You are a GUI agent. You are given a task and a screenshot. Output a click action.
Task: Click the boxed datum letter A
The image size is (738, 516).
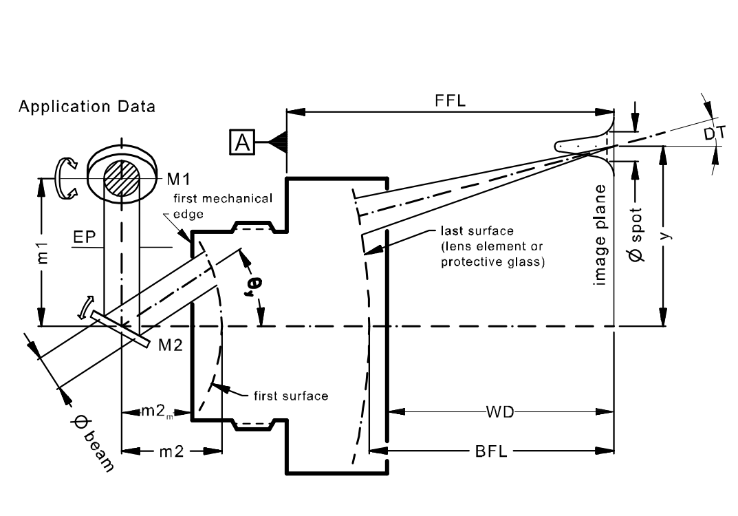242,142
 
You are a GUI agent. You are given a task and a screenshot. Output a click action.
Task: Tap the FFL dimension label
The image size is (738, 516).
450,100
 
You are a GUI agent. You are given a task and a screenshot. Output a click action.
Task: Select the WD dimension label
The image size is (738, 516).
500,412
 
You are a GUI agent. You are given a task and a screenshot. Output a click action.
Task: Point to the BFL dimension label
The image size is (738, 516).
491,451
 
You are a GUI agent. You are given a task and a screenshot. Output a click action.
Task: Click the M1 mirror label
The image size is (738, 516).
178,179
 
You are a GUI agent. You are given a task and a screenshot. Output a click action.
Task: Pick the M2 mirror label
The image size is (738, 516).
170,345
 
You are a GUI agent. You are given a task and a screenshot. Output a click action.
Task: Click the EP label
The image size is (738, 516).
85,237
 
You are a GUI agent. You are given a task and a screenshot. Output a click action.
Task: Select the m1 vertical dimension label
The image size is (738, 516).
42,252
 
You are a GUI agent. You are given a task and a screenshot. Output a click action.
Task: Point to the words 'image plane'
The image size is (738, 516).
599,235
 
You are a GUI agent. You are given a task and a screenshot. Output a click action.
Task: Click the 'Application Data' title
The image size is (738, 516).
87,107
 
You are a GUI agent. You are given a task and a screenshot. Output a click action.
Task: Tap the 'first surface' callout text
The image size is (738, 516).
291,396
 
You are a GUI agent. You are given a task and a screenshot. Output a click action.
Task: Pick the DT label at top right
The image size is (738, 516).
715,133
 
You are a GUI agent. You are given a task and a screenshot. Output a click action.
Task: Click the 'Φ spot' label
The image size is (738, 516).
636,235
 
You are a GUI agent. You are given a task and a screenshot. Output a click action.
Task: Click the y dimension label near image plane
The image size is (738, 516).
666,234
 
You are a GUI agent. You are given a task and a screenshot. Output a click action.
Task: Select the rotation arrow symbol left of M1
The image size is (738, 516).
65,178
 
